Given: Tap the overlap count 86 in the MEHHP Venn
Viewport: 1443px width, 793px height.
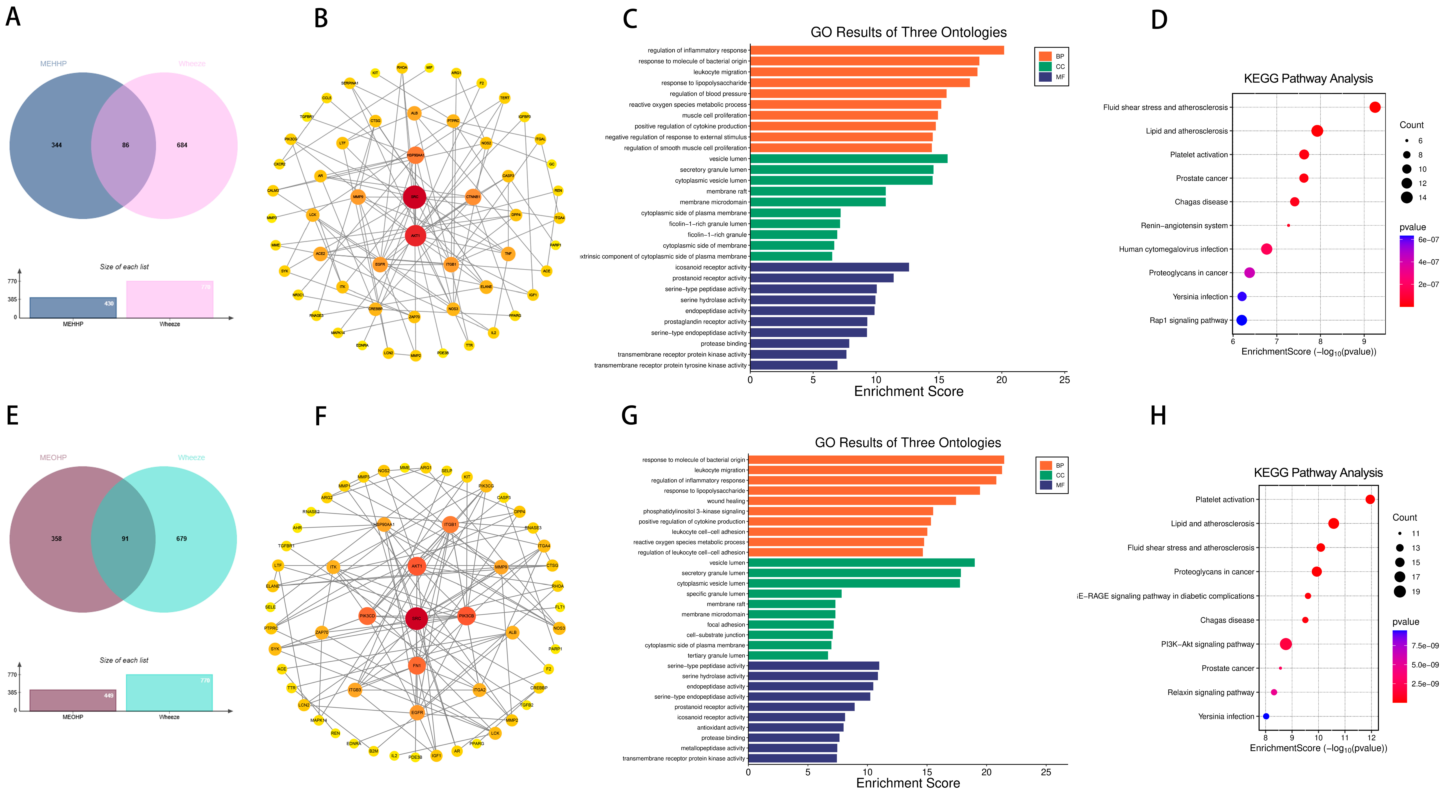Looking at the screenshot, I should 126,145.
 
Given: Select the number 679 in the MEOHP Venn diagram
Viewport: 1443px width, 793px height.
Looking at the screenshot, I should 182,539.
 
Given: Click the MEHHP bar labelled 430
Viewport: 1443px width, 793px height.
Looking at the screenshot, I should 73,308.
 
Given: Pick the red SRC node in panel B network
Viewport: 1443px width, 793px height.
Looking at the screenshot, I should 414,197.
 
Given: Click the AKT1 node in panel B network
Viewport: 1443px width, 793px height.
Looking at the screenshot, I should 415,235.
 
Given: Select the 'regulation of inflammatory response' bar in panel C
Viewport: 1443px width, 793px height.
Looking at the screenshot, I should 877,50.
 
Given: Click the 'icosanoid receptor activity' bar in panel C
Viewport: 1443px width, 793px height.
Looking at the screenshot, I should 829,267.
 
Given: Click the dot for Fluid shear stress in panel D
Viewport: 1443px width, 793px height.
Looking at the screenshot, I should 1375,107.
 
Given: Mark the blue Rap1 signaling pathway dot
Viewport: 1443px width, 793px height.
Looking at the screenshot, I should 1241,320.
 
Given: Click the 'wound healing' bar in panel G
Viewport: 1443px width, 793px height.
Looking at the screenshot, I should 851,501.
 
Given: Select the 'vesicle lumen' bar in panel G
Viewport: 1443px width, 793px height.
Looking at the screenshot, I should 861,563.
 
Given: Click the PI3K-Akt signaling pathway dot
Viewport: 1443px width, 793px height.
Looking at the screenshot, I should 1286,644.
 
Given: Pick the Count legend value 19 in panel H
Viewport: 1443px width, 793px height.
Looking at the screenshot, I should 1416,591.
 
